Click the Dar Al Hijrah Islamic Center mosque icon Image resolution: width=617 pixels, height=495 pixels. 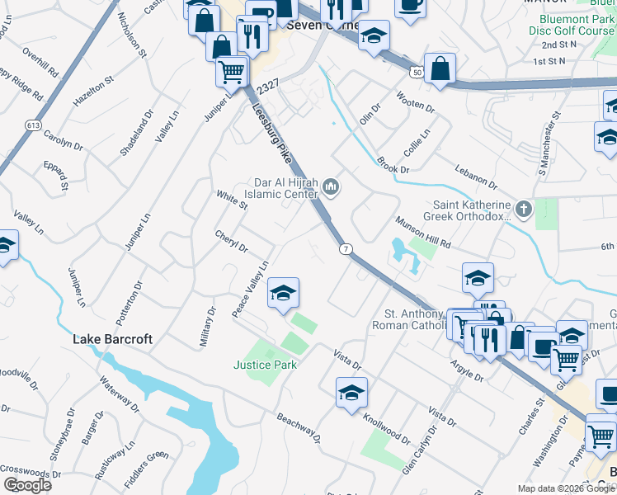point(332,188)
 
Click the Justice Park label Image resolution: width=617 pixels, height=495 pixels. point(264,364)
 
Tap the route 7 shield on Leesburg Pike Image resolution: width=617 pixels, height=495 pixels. point(346,248)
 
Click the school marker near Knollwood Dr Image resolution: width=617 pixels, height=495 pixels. point(351,393)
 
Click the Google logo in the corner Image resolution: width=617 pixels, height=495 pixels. point(27,485)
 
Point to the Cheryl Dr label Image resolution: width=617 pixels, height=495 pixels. point(232,241)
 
